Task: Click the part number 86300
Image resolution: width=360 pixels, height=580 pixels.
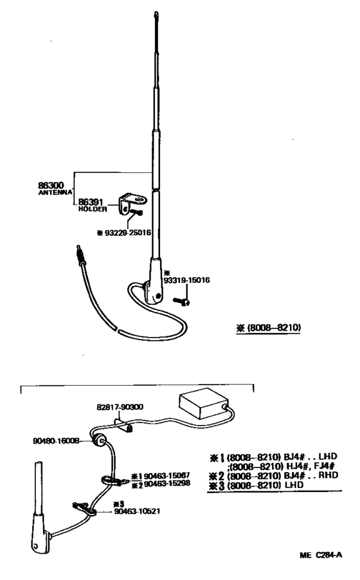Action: coord(51,185)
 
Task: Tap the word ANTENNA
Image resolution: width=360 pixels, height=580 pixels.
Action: coord(55,193)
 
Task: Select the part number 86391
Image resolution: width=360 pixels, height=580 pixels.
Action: coord(91,203)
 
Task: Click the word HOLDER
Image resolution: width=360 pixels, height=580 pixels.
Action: coord(93,210)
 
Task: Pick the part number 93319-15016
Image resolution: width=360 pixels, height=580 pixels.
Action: coord(186,280)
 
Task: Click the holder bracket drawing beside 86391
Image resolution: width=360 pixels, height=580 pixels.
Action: coord(132,203)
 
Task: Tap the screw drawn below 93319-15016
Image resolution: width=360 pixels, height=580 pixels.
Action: coord(182,301)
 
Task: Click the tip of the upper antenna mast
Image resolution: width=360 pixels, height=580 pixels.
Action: coord(156,14)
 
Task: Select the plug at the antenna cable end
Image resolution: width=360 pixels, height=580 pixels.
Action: coord(80,255)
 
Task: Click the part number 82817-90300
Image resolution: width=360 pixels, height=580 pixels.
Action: coord(120,407)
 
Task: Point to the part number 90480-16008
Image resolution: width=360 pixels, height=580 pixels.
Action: coord(56,440)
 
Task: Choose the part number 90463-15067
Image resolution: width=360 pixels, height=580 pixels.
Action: coord(167,476)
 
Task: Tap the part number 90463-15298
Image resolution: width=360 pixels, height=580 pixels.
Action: coord(167,484)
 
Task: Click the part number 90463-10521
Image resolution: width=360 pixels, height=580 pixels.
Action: coord(138,511)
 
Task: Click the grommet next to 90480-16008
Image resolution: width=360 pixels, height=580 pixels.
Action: coord(100,440)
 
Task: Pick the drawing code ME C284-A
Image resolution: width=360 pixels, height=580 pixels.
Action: coord(321,555)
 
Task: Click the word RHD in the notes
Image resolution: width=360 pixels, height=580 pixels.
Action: coord(328,475)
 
